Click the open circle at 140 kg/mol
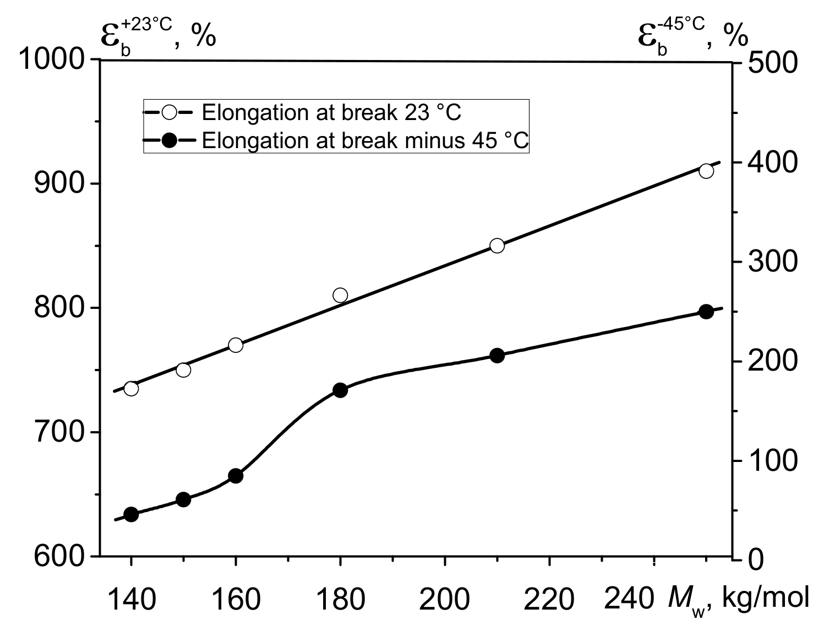tap(131, 389)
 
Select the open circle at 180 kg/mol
tap(340, 295)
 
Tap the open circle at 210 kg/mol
tap(497, 246)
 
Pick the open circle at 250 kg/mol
tap(706, 171)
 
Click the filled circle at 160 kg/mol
tap(236, 476)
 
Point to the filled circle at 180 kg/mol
tap(340, 390)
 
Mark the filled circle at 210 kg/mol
tap(497, 356)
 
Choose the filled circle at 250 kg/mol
tap(706, 312)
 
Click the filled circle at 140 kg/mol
tap(131, 515)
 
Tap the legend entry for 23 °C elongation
tap(330, 112)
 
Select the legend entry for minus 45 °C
tap(364, 140)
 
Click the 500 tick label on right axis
tap(772, 63)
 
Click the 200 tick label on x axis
tap(445, 599)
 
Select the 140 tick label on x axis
tap(131, 599)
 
